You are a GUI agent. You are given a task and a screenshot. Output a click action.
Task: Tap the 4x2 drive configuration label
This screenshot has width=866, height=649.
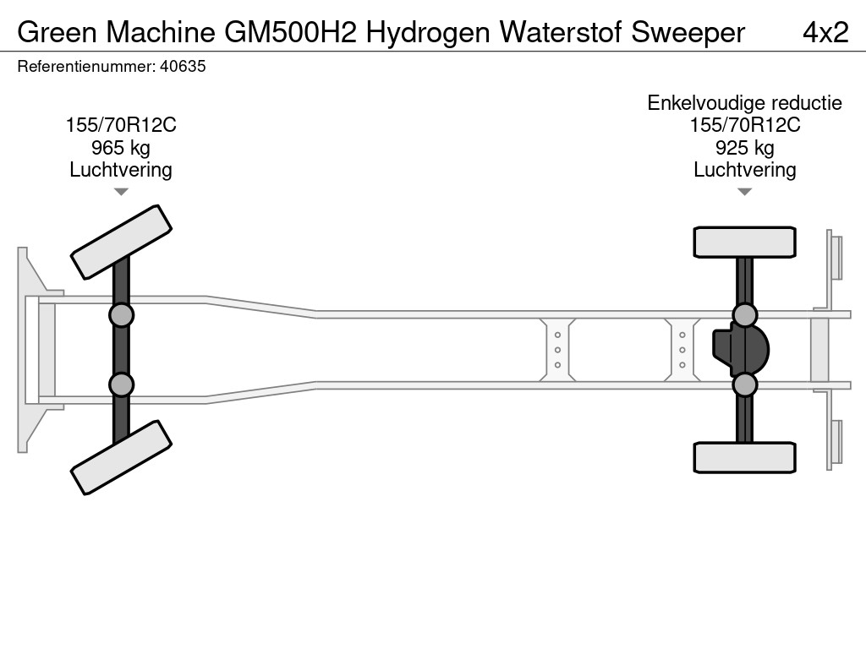[x=825, y=32]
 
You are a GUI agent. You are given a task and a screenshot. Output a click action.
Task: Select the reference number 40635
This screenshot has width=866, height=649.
[x=183, y=67]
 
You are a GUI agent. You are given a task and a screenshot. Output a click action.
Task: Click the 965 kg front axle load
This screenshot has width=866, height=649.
[x=121, y=148]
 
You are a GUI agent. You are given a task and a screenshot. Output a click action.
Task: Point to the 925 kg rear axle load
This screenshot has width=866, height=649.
[x=744, y=148]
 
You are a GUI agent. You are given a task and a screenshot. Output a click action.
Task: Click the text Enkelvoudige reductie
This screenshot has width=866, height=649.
[x=744, y=103]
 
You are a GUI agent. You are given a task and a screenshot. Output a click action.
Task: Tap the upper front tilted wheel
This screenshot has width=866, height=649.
[x=121, y=242]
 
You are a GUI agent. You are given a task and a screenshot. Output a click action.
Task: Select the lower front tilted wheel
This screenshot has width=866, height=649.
[x=121, y=457]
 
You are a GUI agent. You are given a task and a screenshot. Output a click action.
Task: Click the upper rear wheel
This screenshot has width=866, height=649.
[x=744, y=242]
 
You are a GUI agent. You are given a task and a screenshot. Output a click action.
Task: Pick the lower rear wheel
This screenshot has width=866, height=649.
[x=744, y=457]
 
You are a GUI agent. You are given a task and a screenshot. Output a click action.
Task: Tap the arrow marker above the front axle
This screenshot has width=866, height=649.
[x=121, y=192]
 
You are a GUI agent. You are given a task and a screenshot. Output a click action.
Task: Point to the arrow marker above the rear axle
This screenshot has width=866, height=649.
[x=744, y=192]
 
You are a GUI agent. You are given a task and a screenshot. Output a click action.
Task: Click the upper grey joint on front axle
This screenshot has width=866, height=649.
[x=121, y=315]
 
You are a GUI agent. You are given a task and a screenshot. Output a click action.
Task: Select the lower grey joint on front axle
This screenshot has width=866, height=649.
[x=121, y=384]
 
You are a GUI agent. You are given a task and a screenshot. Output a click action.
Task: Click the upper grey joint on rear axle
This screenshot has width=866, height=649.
[x=744, y=315]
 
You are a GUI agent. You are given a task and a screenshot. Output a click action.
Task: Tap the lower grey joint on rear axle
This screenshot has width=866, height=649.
[x=744, y=384]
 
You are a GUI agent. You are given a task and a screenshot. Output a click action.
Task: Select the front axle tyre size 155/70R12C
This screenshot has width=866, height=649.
[x=121, y=125]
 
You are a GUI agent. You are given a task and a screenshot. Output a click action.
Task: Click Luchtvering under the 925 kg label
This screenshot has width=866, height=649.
[x=744, y=170]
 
